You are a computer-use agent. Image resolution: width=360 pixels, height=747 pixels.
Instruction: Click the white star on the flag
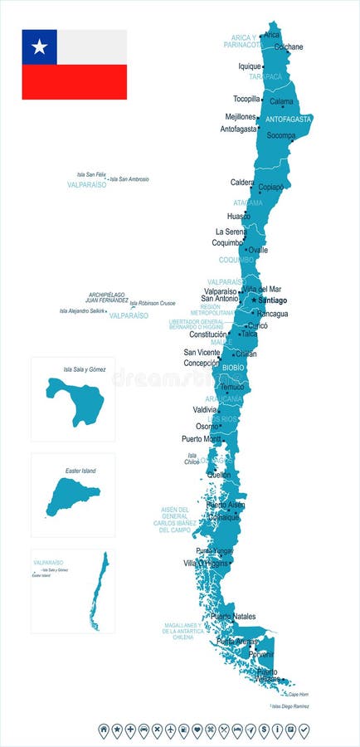click(x=39, y=46)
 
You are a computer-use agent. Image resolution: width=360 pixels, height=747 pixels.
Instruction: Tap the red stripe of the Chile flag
click(x=75, y=81)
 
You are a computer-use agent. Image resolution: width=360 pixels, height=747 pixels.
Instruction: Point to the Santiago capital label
click(x=273, y=300)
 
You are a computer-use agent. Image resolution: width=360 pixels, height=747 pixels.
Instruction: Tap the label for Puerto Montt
click(x=202, y=438)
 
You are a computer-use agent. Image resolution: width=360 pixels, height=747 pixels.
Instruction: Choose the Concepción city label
click(x=202, y=363)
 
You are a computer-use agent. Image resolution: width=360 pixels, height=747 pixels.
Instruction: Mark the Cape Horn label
click(x=298, y=693)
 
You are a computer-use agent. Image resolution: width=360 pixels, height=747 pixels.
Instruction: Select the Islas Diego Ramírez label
click(x=291, y=705)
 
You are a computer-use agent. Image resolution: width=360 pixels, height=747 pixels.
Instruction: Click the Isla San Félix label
click(x=91, y=174)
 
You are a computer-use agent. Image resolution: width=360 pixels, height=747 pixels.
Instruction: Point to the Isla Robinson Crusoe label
click(x=153, y=303)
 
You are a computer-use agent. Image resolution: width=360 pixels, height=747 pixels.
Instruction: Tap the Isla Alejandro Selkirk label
click(x=82, y=311)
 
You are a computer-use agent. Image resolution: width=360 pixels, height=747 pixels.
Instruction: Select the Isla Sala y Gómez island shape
click(x=76, y=400)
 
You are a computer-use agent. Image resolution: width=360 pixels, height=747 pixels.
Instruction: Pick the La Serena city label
click(x=231, y=232)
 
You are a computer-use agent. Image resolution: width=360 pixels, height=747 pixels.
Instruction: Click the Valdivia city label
click(x=204, y=409)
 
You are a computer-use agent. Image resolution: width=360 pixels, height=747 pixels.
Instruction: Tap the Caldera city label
click(x=242, y=182)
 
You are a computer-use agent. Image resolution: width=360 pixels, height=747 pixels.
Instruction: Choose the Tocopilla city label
click(x=246, y=98)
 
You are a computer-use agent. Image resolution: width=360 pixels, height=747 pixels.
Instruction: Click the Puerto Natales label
click(x=233, y=616)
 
